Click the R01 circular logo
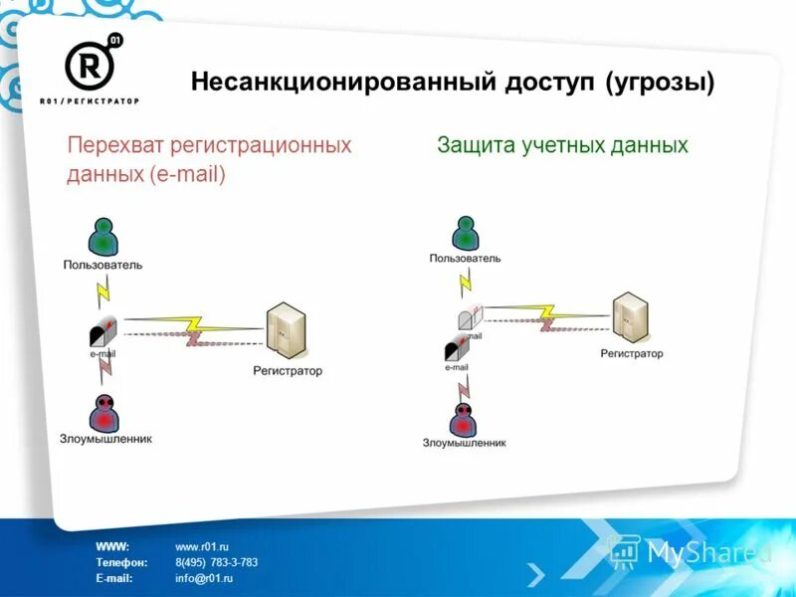tap(90, 65)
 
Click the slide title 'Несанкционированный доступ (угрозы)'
tap(453, 82)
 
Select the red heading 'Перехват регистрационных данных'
tap(209, 159)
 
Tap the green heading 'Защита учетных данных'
tap(562, 145)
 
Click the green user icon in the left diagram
tap(102, 237)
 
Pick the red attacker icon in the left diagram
tap(103, 412)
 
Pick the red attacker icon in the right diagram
tap(464, 417)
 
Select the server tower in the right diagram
tap(630, 315)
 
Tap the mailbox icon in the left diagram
tap(103, 329)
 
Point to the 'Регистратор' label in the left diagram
tap(288, 371)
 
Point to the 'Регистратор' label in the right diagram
tap(631, 353)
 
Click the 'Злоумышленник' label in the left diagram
tap(104, 438)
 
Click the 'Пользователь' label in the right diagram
tap(465, 258)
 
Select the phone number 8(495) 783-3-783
tap(216, 562)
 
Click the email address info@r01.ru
tap(204, 577)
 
